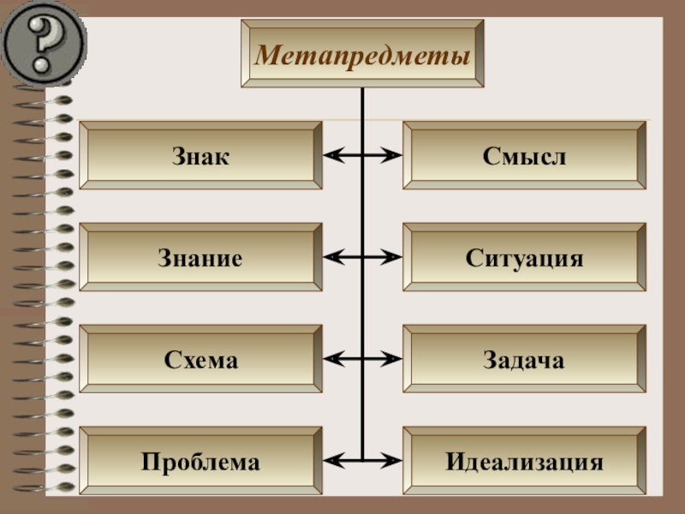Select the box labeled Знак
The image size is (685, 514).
(200, 155)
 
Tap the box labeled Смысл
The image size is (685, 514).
(524, 155)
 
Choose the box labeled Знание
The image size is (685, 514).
(200, 257)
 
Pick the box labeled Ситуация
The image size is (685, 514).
(524, 257)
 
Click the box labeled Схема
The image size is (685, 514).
(200, 359)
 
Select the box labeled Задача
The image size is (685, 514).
(524, 359)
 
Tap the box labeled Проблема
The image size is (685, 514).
(200, 462)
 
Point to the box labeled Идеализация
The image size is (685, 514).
(524, 462)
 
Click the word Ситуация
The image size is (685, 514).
(524, 258)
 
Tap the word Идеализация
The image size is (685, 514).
(524, 463)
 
